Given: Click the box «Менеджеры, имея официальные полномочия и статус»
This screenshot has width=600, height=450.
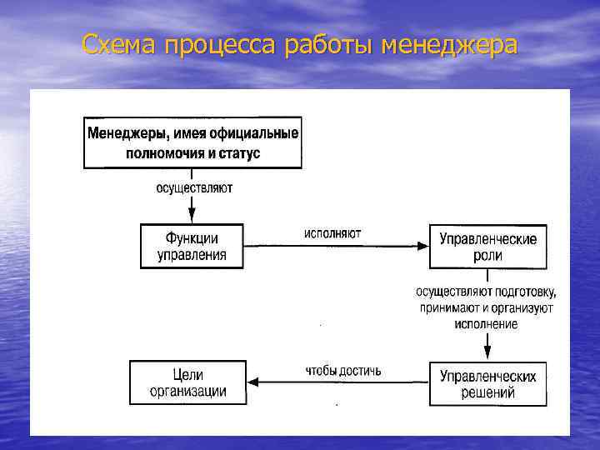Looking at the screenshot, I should coord(193,142).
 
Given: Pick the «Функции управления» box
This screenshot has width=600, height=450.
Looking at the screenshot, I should coord(192,247).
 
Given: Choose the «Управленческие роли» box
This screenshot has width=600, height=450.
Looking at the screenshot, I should coord(487,247).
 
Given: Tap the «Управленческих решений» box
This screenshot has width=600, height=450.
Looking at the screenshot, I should coord(487,384).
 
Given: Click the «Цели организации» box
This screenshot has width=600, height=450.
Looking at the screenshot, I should coord(188,383).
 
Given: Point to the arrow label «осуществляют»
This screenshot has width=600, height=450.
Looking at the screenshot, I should coord(194,188).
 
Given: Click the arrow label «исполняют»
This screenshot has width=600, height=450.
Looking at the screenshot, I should coord(332,234).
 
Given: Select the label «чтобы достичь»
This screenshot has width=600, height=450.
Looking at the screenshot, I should coord(343,369).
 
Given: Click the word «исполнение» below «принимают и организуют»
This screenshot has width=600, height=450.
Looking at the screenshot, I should coord(487,323).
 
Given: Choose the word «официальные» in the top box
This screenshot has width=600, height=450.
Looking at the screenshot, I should coord(259,132).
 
